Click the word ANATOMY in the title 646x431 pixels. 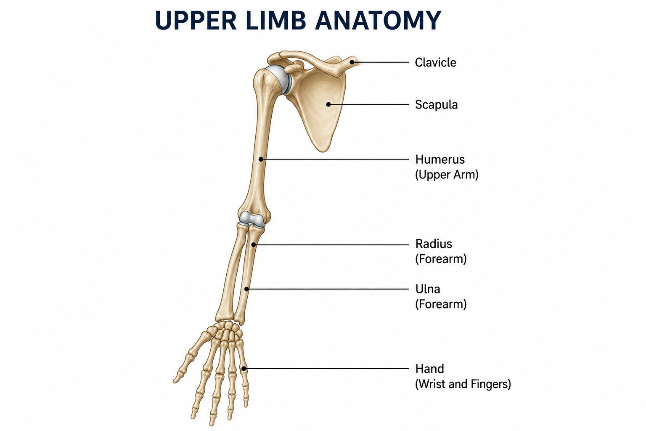(x=378, y=20)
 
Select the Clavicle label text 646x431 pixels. (x=435, y=62)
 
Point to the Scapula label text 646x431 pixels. (x=436, y=104)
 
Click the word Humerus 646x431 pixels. (x=440, y=160)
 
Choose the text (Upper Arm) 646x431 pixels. (x=447, y=175)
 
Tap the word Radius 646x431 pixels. (x=434, y=244)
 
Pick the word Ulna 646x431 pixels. (x=428, y=289)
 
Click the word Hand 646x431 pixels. (x=429, y=369)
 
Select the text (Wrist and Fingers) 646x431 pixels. (x=463, y=384)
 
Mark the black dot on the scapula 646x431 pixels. (x=328, y=104)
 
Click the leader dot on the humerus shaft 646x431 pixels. (x=261, y=160)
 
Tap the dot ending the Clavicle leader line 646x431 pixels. (x=352, y=62)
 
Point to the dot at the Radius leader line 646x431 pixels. (x=253, y=245)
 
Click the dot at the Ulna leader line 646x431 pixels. (x=246, y=289)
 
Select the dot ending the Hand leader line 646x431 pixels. (x=244, y=369)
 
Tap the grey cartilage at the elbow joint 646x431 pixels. (x=252, y=219)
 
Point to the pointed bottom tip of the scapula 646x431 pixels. (x=323, y=151)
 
